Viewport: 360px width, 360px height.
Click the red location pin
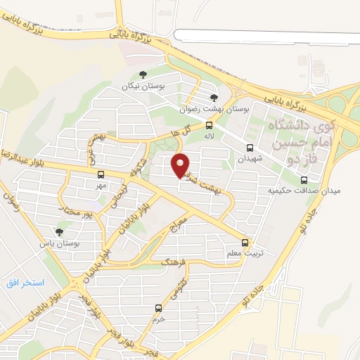coord(181,165)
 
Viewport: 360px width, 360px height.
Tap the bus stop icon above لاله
coord(209,125)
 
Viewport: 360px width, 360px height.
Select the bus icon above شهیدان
coord(250,148)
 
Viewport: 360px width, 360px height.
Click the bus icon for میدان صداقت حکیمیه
coord(304,180)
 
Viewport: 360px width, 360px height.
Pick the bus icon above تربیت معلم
coord(245,241)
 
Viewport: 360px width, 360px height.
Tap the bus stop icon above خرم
coord(158,308)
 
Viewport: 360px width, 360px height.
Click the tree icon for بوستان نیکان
coord(143,75)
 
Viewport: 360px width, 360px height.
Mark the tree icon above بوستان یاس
coord(58,231)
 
